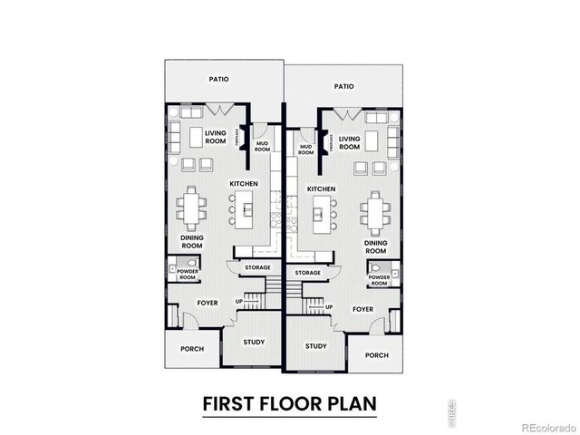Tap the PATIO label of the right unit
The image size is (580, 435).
click(343, 87)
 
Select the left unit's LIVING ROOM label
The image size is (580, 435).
click(215, 137)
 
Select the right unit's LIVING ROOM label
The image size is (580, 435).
click(350, 143)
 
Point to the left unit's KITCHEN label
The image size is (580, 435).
click(244, 184)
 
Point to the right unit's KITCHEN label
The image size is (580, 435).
click(322, 188)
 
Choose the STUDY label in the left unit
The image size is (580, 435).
click(254, 342)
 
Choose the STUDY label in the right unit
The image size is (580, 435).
click(315, 346)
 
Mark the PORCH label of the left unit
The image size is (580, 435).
click(192, 348)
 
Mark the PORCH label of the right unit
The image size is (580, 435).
click(376, 355)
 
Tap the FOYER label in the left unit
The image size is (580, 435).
click(207, 303)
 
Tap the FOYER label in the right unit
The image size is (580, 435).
click(362, 309)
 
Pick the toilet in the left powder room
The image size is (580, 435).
click(172, 267)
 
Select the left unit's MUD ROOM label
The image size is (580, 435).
click(262, 146)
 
